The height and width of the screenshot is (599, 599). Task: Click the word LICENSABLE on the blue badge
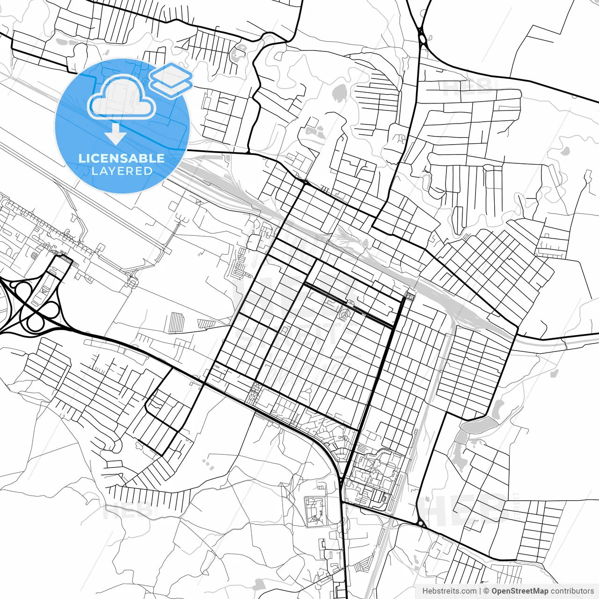point(122,158)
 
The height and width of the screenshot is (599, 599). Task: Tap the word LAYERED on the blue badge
point(122,171)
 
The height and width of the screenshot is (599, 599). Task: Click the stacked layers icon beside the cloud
point(171,80)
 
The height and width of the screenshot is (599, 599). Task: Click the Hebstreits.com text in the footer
point(449,591)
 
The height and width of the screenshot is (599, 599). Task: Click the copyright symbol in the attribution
point(486,591)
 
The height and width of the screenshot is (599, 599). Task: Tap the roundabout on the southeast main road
point(421,524)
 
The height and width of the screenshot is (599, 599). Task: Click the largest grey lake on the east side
point(479,425)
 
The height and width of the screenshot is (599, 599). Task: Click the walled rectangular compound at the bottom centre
point(316,511)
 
